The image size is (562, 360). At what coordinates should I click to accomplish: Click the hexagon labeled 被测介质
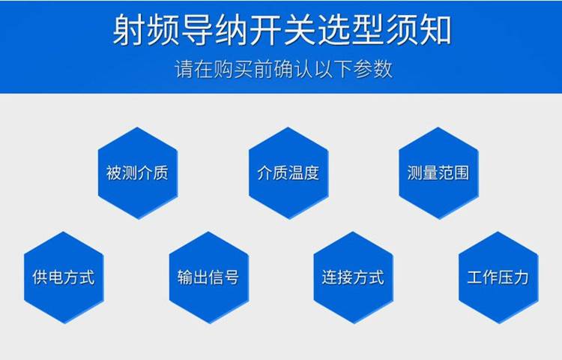(138, 172)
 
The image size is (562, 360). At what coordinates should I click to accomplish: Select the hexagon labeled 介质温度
(288, 172)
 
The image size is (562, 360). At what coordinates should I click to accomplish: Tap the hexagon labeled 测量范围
(438, 172)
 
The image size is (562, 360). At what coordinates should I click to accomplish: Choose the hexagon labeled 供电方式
(64, 277)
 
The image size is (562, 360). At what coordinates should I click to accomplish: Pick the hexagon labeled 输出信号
(208, 277)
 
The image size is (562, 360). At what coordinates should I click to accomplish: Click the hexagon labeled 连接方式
(354, 277)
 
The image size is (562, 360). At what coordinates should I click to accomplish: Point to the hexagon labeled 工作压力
(498, 277)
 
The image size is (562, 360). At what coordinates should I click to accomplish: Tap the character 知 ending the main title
(435, 30)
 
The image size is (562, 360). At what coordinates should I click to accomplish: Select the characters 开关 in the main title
(282, 30)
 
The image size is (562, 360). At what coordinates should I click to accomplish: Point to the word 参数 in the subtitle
(373, 69)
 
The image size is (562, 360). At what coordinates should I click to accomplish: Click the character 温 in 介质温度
(296, 172)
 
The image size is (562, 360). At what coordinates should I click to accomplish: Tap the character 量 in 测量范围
(430, 172)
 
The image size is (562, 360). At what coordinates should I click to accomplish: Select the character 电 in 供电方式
(55, 277)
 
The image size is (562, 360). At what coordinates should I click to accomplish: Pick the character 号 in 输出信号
(232, 277)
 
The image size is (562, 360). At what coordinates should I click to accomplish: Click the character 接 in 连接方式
(345, 277)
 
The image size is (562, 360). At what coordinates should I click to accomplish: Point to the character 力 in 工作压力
(521, 277)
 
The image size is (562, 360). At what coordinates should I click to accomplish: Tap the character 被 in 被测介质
(114, 172)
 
